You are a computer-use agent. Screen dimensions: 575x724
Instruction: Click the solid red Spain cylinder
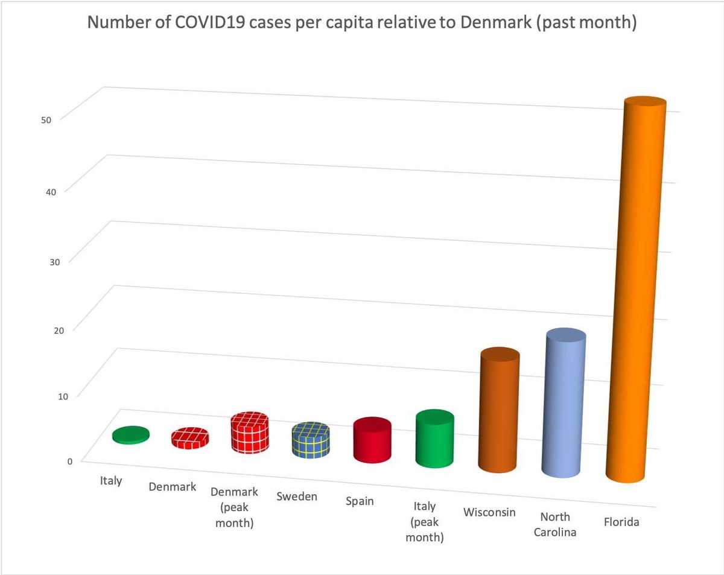[x=372, y=443]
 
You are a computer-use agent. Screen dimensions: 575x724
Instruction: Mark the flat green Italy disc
[x=131, y=434]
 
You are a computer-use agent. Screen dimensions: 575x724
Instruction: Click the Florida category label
[x=621, y=522]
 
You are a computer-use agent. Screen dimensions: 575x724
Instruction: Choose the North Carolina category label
[x=555, y=524]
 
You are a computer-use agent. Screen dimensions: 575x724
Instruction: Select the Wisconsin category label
[x=489, y=512]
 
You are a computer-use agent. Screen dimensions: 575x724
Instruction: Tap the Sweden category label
[x=297, y=497]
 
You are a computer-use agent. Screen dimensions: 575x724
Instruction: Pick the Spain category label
[x=360, y=501]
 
